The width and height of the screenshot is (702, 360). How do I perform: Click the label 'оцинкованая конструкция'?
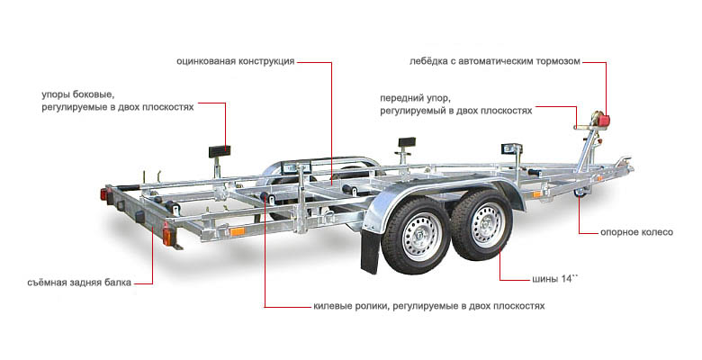[236, 61]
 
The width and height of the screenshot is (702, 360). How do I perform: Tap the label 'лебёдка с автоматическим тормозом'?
[495, 61]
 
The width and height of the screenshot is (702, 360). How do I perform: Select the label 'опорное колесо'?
[636, 232]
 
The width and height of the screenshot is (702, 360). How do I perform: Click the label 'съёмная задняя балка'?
[79, 283]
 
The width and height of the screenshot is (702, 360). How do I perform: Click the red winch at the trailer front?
[602, 119]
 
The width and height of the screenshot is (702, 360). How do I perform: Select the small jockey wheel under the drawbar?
[581, 193]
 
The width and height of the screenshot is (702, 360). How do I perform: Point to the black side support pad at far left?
[220, 151]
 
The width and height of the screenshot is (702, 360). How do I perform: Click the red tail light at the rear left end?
[104, 194]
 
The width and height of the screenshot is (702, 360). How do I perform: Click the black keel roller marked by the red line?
[265, 197]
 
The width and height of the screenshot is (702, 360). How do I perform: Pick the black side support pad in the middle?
[407, 143]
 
